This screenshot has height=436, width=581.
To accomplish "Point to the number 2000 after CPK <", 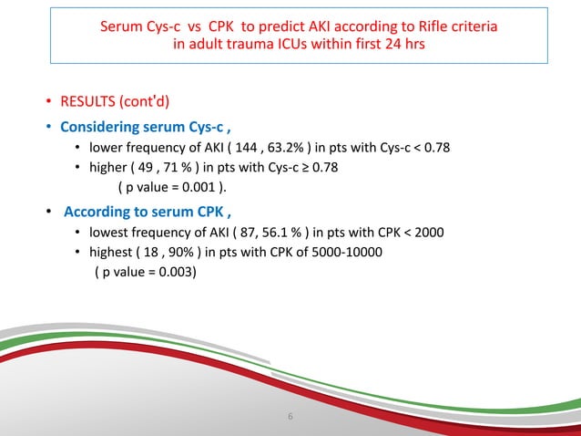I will pos(428,233).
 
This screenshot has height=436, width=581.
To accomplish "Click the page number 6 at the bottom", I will pos(290,418).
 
